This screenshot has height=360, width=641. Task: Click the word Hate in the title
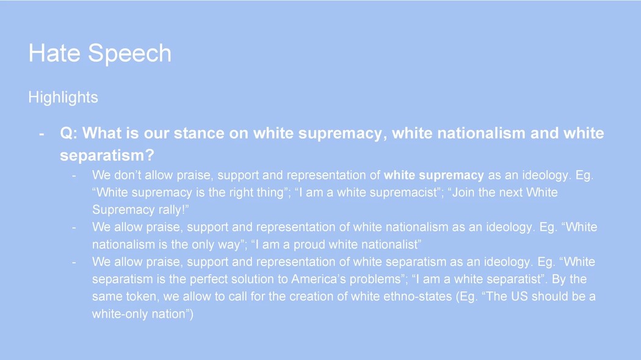[54, 53]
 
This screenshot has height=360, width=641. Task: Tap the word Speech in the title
[129, 54]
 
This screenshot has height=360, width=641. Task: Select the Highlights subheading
[63, 98]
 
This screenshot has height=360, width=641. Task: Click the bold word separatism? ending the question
[107, 155]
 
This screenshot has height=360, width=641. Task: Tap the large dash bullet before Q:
[42, 134]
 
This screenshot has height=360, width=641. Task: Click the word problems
[375, 279]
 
